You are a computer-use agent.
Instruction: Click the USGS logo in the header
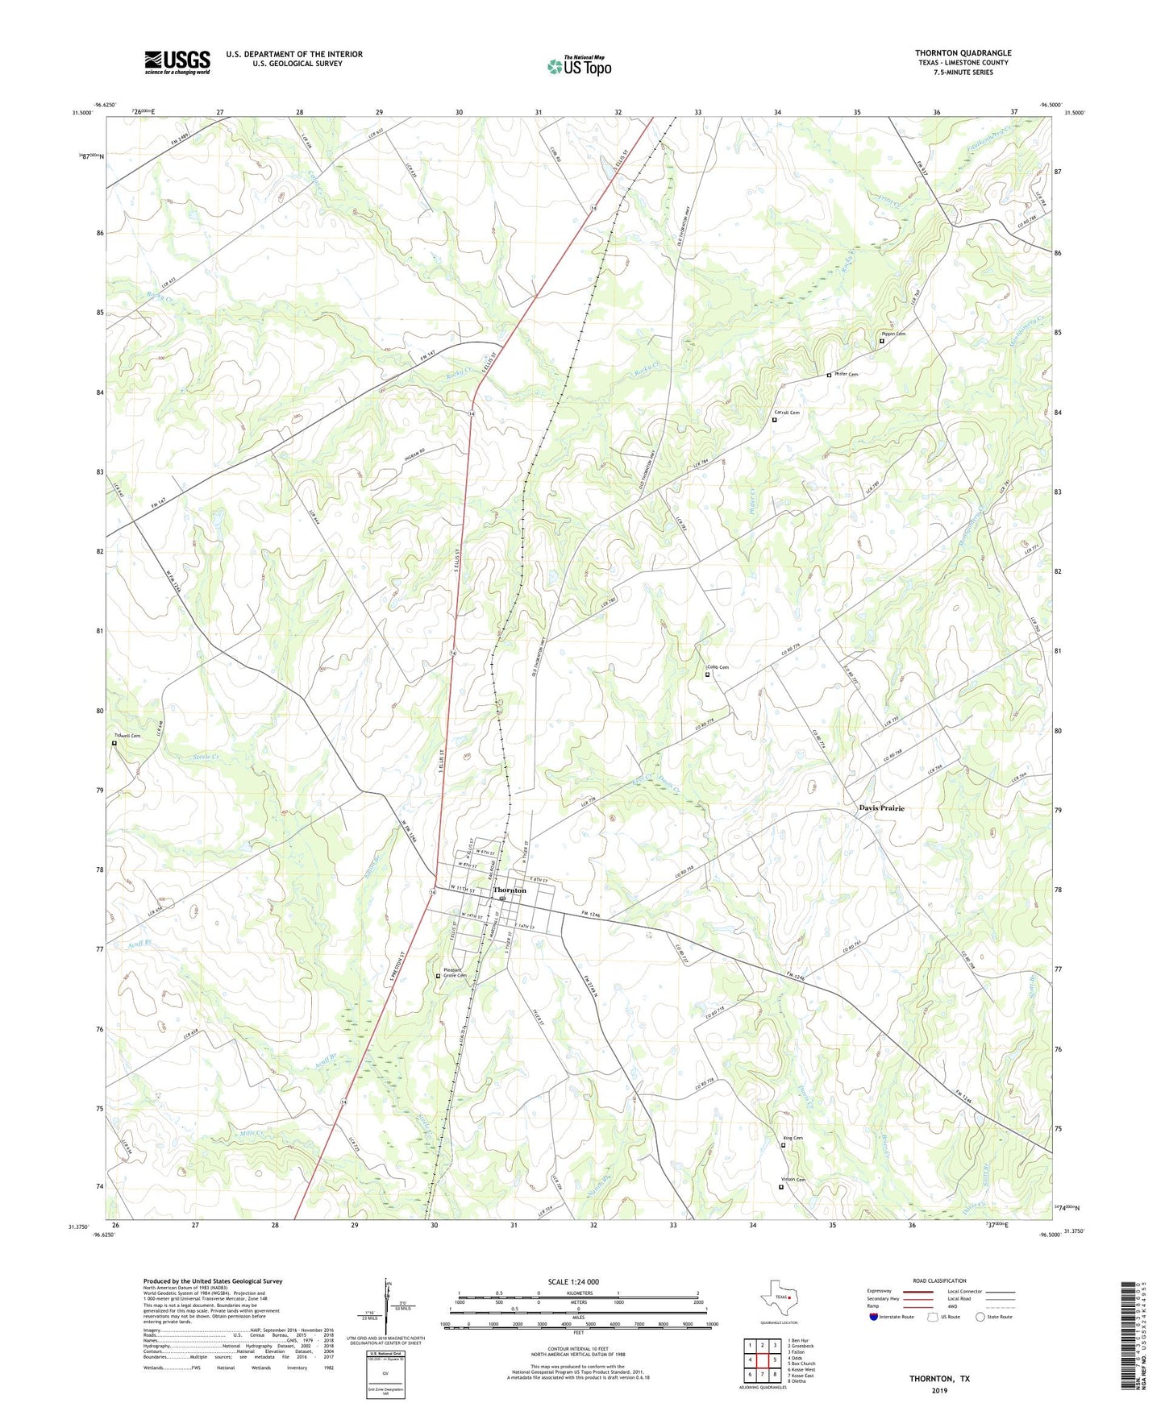click(177, 62)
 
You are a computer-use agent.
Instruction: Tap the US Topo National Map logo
click(579, 65)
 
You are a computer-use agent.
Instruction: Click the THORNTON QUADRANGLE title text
click(963, 53)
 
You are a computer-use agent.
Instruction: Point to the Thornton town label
click(510, 890)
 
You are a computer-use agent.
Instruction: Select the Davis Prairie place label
click(881, 807)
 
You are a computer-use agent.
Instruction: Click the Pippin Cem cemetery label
click(893, 334)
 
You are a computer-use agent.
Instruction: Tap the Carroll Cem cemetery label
click(787, 413)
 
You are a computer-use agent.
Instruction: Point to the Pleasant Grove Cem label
click(456, 973)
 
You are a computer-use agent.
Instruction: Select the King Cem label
click(793, 1138)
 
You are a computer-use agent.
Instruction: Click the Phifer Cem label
click(846, 374)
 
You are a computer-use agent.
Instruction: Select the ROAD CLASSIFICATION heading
click(939, 1280)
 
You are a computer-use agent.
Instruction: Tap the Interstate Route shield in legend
click(875, 1317)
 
